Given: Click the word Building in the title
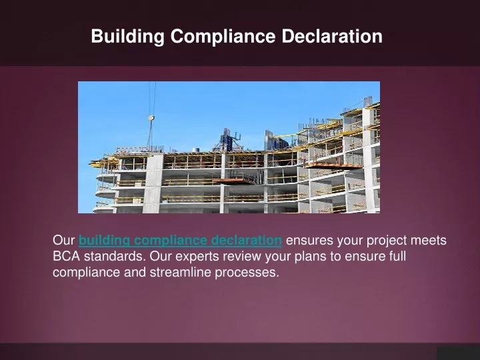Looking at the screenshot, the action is click(127, 37).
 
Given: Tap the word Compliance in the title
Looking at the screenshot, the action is click(223, 37).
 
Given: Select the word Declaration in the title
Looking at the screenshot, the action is click(332, 36).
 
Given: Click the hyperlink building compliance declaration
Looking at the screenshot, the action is click(180, 241).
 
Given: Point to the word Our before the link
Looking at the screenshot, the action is click(64, 240).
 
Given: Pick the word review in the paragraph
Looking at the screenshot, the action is click(242, 256).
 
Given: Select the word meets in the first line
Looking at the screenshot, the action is click(429, 241).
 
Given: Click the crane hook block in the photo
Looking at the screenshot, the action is click(151, 118).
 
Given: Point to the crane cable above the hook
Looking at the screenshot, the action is click(152, 98).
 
